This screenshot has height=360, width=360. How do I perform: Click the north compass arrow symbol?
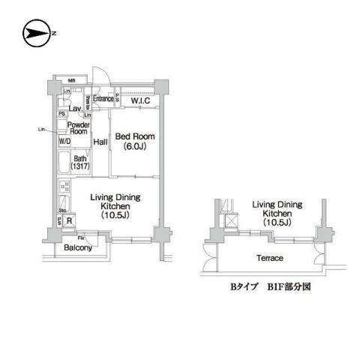point(36,34)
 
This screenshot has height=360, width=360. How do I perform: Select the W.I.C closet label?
point(143,100)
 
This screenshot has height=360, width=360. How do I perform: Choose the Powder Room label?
point(79,127)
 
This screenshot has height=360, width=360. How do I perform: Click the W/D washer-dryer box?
point(65,141)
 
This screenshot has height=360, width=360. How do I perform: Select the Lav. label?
point(75,108)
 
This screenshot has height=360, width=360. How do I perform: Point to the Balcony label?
point(77,247)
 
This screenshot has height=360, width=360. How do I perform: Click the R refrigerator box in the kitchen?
point(68,220)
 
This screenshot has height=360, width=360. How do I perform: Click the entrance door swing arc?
point(103,80)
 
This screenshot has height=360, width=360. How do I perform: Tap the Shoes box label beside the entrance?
point(88,102)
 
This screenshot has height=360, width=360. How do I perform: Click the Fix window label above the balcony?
point(80,238)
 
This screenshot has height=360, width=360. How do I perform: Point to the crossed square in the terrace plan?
point(232,221)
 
